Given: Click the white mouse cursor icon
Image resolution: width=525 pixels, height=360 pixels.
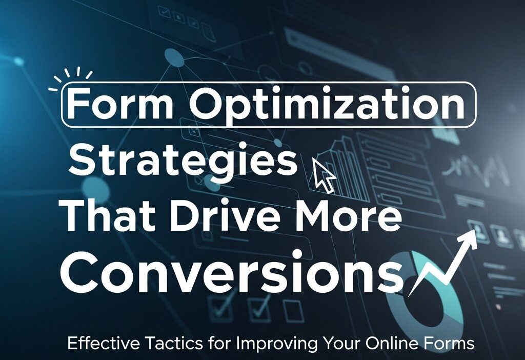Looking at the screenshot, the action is pos(324,175).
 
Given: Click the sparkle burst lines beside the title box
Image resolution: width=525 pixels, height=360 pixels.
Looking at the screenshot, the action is pos(71,79).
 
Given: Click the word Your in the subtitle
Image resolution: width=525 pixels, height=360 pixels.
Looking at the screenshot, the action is pos(341,343).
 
